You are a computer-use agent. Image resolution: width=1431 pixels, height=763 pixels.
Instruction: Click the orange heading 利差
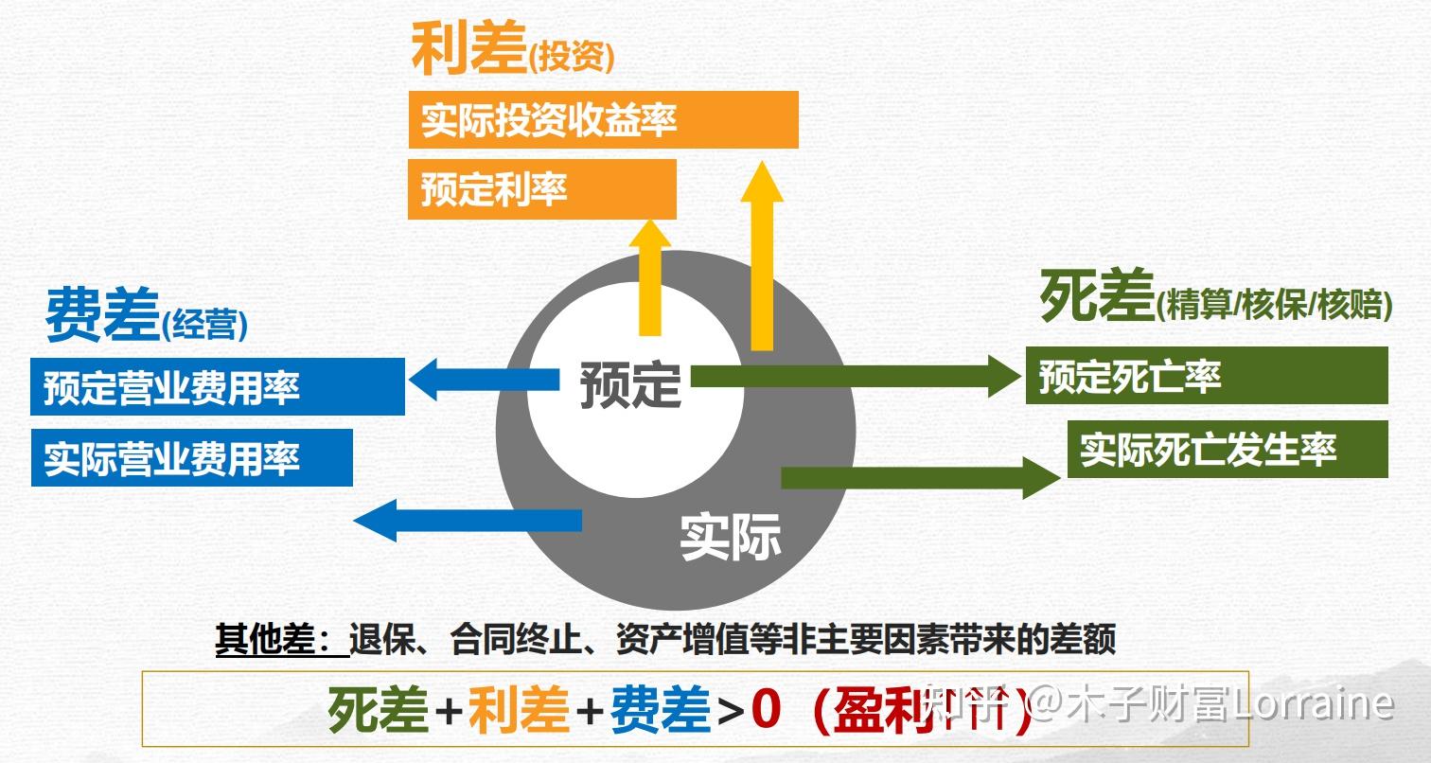[468, 48]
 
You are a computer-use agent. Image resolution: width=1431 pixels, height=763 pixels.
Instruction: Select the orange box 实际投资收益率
[604, 119]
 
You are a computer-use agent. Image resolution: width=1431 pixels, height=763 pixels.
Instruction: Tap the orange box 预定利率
[541, 189]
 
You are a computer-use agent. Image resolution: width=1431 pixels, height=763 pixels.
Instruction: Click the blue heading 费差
[102, 313]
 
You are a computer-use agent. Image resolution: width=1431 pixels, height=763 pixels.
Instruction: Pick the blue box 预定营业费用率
[218, 386]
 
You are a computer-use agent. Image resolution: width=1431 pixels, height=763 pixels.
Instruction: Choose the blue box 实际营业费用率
[191, 457]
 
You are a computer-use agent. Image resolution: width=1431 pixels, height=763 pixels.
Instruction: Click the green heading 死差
[1097, 295]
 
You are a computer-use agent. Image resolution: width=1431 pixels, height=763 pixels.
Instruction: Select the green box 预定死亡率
[1207, 375]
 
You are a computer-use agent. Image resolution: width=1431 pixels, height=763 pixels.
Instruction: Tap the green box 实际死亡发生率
[1228, 450]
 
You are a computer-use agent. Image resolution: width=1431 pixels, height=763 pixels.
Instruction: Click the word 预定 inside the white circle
[630, 384]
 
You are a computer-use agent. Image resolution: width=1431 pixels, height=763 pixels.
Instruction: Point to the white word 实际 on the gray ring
[731, 537]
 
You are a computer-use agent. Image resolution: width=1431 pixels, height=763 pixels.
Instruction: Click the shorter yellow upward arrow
[649, 277]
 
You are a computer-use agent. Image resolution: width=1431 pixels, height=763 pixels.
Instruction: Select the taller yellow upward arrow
[762, 256]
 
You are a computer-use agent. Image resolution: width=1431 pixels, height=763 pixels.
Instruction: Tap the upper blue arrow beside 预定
[484, 380]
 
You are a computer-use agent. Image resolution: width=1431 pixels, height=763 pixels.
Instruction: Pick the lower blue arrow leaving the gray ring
[468, 520]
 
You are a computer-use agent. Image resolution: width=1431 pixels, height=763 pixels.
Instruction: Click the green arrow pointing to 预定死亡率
[857, 377]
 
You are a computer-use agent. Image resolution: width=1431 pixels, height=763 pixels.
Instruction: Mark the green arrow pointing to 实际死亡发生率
[921, 478]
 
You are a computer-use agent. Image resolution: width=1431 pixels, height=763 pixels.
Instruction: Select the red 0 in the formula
[767, 709]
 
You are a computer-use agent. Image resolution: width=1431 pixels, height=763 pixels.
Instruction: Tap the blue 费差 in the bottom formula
[661, 709]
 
